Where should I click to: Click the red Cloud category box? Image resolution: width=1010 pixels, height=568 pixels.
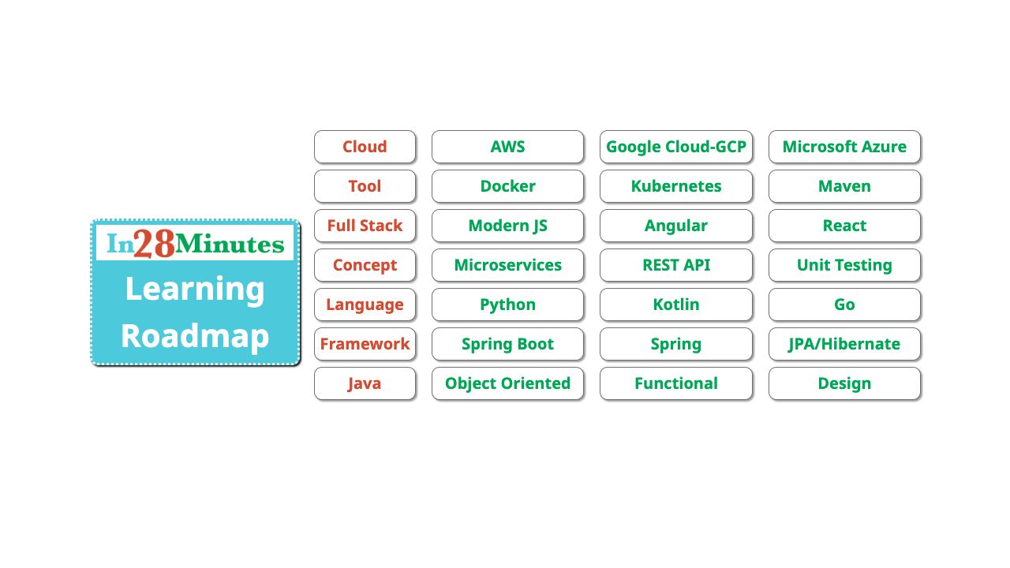point(365,147)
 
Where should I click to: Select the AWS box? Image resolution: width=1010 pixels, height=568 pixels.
point(507,147)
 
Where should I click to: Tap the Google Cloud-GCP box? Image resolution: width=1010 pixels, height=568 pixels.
point(676,147)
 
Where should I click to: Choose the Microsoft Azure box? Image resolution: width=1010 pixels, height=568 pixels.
point(844,147)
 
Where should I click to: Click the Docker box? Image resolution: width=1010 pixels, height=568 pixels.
point(507,186)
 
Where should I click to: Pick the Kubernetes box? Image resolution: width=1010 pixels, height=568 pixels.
point(676,186)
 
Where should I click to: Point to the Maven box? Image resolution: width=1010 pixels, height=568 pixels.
point(844,186)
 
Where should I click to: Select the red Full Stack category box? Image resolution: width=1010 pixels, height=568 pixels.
point(365,226)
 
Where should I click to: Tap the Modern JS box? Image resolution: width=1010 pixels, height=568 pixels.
point(507,226)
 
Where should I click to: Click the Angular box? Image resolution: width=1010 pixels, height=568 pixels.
point(676,226)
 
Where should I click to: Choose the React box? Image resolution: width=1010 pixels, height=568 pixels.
point(844,226)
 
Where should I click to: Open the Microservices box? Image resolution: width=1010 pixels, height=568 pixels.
point(507,265)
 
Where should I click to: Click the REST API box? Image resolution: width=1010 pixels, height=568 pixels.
point(676,265)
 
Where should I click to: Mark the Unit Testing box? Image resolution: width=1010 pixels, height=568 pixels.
point(844,265)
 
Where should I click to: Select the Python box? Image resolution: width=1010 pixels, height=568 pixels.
point(507,305)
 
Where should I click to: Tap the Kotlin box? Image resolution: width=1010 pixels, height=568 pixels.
point(676,305)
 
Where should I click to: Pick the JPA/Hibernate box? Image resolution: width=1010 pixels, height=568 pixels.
point(844,344)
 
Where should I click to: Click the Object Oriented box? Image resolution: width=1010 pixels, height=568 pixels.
point(507,383)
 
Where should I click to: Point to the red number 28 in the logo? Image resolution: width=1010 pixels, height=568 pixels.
point(154,244)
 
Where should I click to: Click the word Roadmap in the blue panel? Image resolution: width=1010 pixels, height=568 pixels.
point(195,336)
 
